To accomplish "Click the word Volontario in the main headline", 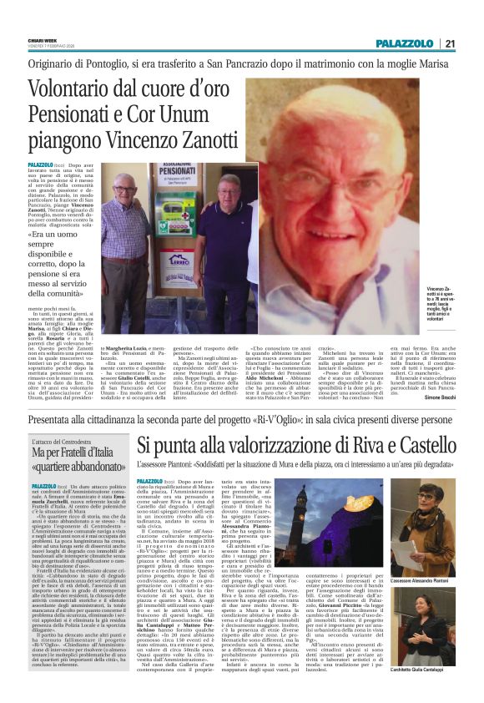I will tap(89, 89).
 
